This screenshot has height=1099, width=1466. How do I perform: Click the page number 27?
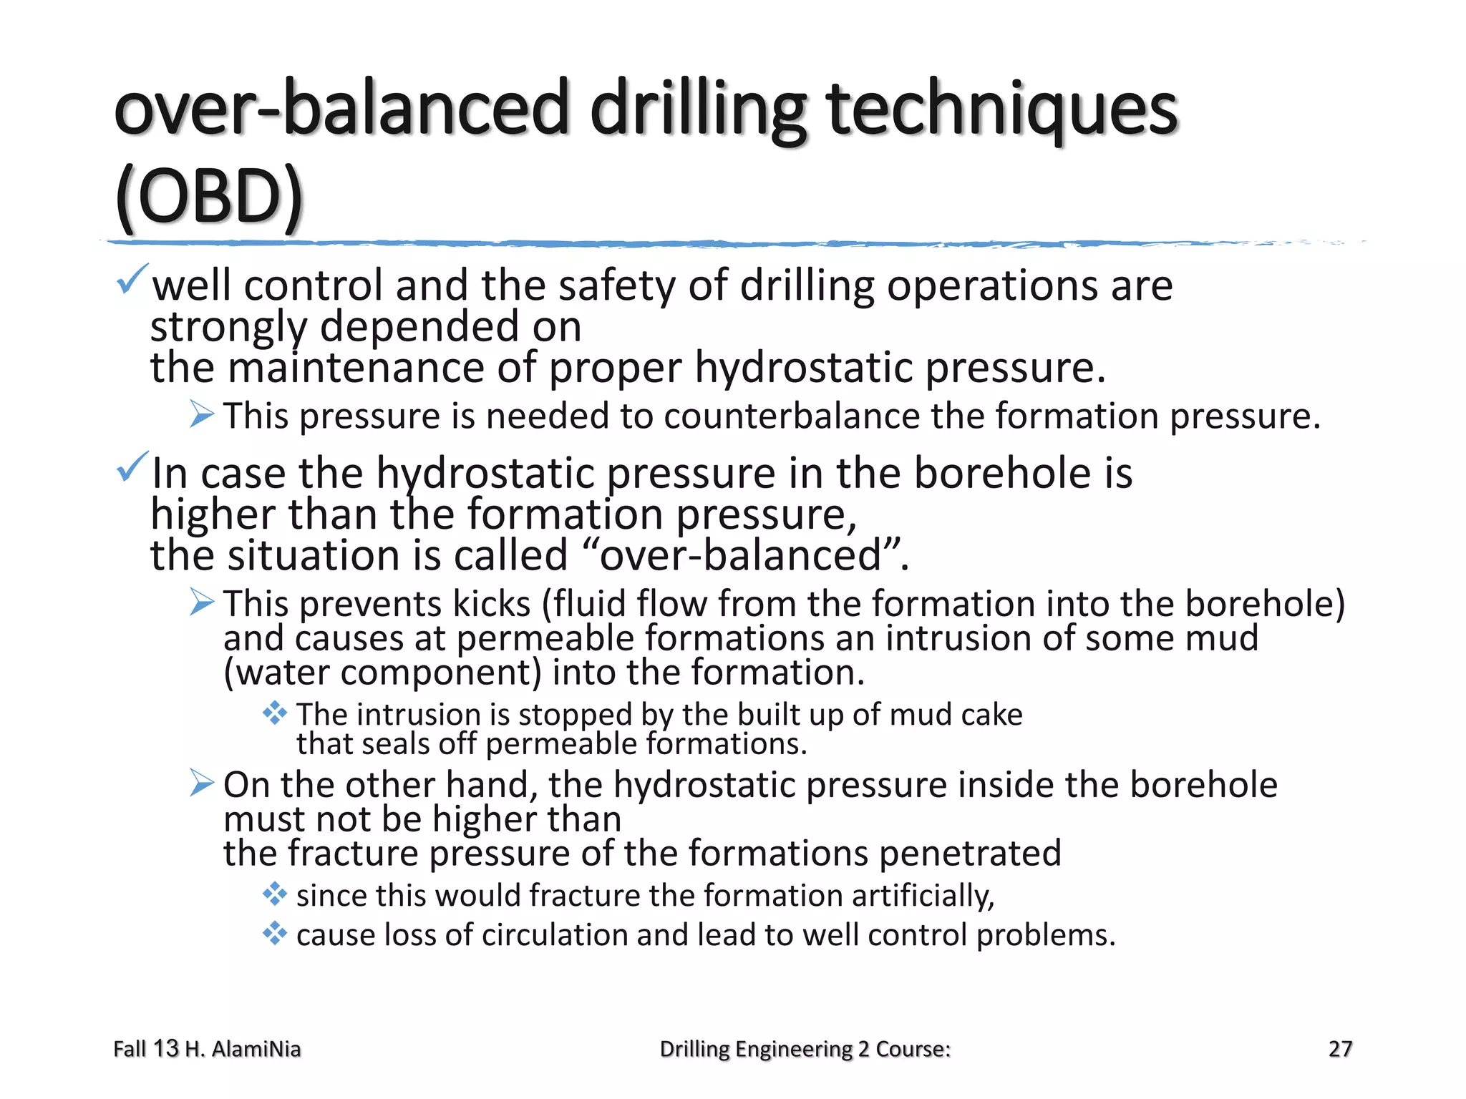(1340, 1049)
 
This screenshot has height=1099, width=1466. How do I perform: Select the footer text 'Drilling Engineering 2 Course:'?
(805, 1049)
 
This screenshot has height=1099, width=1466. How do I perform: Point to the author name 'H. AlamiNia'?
(243, 1049)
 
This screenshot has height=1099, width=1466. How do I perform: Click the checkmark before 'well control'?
(132, 278)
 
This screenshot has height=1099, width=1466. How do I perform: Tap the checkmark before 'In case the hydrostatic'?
(132, 467)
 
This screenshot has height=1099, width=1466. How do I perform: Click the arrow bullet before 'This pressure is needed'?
(202, 414)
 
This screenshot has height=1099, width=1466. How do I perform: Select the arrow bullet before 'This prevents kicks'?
(202, 602)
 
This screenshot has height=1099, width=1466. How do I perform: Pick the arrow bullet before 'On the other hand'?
(202, 783)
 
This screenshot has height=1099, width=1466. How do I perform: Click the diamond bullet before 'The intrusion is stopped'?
(275, 713)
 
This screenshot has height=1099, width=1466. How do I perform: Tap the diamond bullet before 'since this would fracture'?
(275, 894)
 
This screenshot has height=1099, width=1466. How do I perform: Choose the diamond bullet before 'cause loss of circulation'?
(275, 933)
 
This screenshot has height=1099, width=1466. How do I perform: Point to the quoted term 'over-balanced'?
(741, 555)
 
